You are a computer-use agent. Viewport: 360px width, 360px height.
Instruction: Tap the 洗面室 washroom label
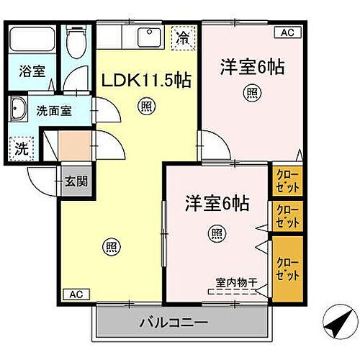pos(53,111)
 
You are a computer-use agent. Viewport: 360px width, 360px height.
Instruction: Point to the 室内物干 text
pos(235,282)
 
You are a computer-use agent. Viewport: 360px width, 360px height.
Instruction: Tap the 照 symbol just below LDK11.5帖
pos(145,107)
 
